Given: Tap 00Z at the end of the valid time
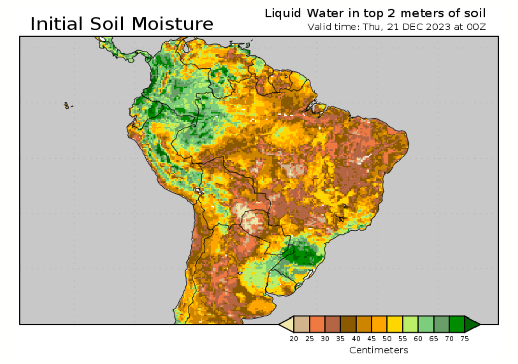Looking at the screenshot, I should [x=476, y=27].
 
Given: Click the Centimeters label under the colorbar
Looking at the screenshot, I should [x=378, y=350].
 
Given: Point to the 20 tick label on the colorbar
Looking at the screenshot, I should [x=294, y=339].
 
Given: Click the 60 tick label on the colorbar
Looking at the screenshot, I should [x=418, y=339].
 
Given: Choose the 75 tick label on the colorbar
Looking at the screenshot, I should [x=465, y=339].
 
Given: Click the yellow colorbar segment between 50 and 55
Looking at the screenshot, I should [x=395, y=324].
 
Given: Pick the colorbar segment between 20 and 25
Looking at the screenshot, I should [x=301, y=324].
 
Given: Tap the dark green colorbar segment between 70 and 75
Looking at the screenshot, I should [x=457, y=324].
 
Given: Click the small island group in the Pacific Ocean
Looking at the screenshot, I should [x=67, y=105].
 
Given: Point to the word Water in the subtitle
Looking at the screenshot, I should [x=321, y=13].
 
